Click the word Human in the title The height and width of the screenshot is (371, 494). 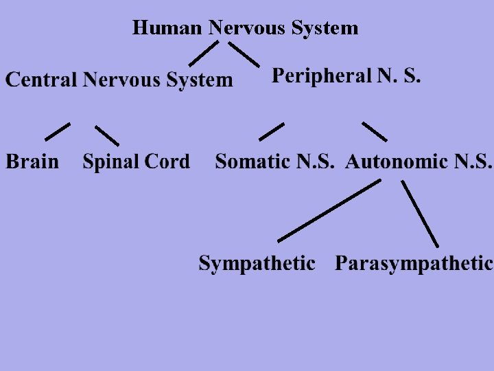(x=167, y=28)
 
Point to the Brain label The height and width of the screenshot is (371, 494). (x=32, y=162)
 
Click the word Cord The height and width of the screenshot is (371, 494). (x=167, y=162)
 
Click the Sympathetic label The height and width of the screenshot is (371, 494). (x=257, y=263)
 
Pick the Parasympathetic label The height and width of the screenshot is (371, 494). (x=414, y=263)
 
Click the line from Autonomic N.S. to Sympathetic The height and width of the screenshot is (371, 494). (x=329, y=211)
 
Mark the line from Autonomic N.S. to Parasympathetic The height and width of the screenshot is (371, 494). (x=420, y=214)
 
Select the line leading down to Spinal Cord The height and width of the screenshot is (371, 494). (x=106, y=135)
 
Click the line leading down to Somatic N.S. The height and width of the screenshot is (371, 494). (x=272, y=131)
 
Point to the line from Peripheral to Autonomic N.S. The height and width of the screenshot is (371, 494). (x=375, y=131)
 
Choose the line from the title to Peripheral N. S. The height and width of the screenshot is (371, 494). (x=244, y=54)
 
